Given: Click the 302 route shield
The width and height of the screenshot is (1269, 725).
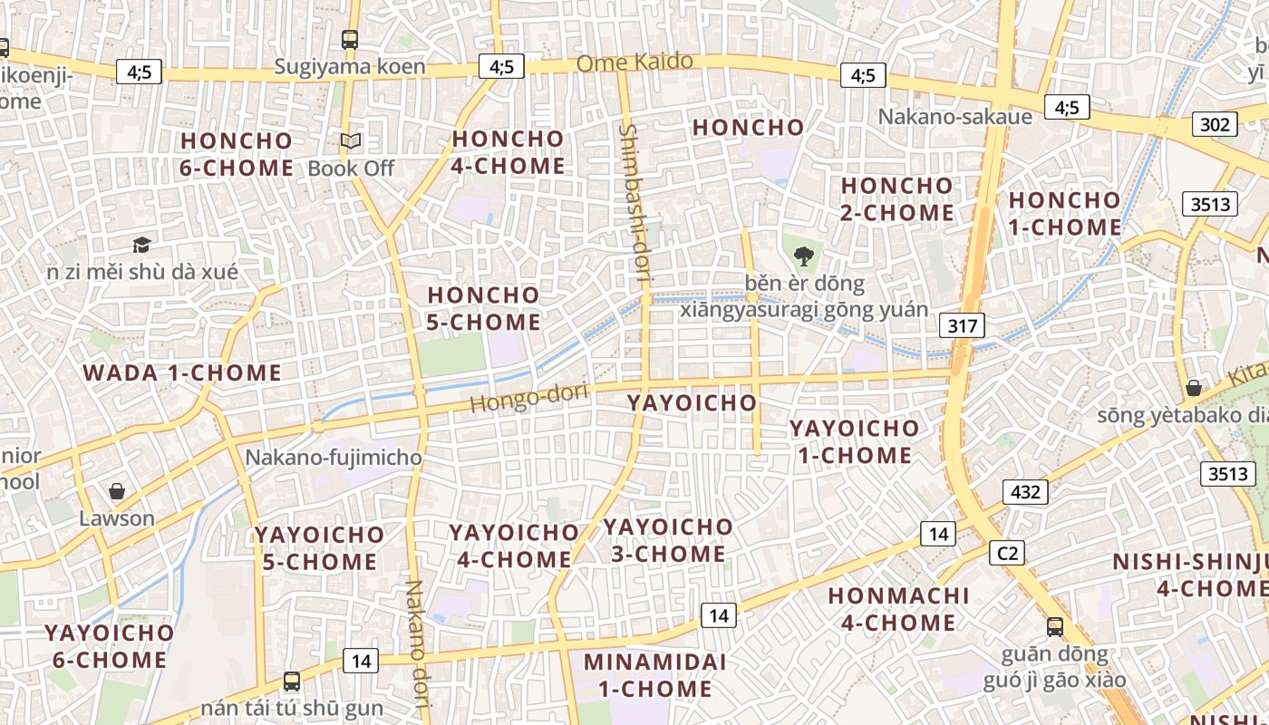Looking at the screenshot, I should pos(1214,124).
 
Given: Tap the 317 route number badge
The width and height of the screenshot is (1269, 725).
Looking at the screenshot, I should pos(962,325).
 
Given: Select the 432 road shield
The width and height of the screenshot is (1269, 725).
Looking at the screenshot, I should pos(1025,492).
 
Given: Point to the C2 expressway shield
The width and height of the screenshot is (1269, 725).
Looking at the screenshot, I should pos(1006,552).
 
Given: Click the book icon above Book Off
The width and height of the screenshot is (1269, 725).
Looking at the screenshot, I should pos(351,141).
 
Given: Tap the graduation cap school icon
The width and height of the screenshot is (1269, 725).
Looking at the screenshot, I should pos(141,245).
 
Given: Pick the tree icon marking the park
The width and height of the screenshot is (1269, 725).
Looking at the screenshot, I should pos(803,256).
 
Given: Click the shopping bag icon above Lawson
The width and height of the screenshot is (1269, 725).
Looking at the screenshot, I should pos(116,491).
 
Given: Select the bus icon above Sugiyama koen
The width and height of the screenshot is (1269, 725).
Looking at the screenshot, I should pos(350,39).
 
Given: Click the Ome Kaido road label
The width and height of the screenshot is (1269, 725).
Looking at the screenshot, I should pos(634,63).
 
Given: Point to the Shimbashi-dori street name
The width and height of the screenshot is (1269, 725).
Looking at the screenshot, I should pos(634,205).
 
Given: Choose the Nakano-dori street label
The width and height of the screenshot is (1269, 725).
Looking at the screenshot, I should pos(416,643).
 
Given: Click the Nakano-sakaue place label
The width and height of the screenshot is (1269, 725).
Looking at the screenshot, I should pos(954,117).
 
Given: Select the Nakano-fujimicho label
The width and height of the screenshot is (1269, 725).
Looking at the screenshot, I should pos(334,458).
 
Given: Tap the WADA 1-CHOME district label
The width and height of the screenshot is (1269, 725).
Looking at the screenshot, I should pos(182,372).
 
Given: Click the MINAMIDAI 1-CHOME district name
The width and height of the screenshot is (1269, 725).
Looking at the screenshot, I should pos(654,675).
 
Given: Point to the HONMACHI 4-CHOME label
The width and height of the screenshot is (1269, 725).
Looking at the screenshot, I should pos(898,609).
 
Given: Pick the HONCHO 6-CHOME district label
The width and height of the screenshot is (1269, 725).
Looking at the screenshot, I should pos(237,154).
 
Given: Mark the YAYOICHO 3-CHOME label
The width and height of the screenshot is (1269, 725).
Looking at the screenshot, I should pos(668,540).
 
